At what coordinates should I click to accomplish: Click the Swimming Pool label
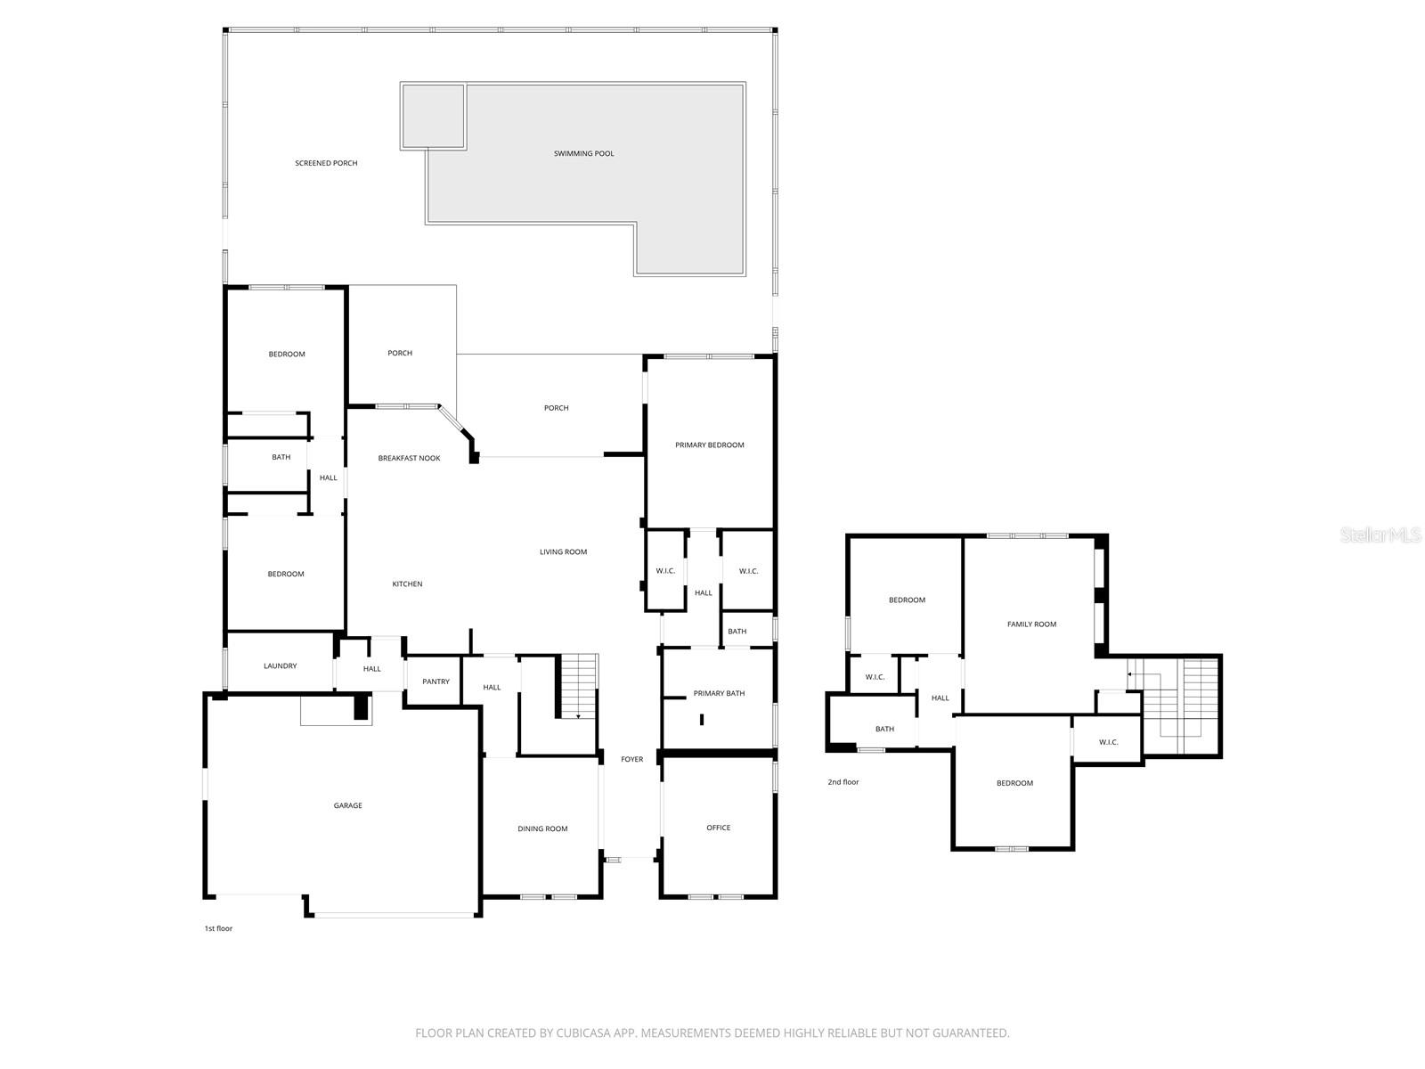click(583, 153)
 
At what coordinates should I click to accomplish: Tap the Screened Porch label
click(326, 163)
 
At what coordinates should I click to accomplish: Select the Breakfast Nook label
click(409, 458)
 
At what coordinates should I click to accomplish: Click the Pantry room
click(436, 681)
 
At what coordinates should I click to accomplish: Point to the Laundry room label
click(280, 665)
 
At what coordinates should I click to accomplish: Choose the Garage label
click(347, 805)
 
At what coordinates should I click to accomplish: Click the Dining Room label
click(542, 828)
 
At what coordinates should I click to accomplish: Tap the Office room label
click(718, 828)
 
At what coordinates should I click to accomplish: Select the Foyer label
click(631, 759)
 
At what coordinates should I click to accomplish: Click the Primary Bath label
click(719, 693)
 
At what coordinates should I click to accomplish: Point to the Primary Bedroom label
click(709, 445)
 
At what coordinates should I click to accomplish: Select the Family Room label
click(1031, 624)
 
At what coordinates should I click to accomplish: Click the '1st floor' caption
click(218, 928)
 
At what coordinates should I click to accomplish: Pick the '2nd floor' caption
click(843, 782)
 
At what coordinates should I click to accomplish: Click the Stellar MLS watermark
click(1380, 534)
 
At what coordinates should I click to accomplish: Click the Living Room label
click(563, 551)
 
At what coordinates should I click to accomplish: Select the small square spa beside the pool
click(433, 116)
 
